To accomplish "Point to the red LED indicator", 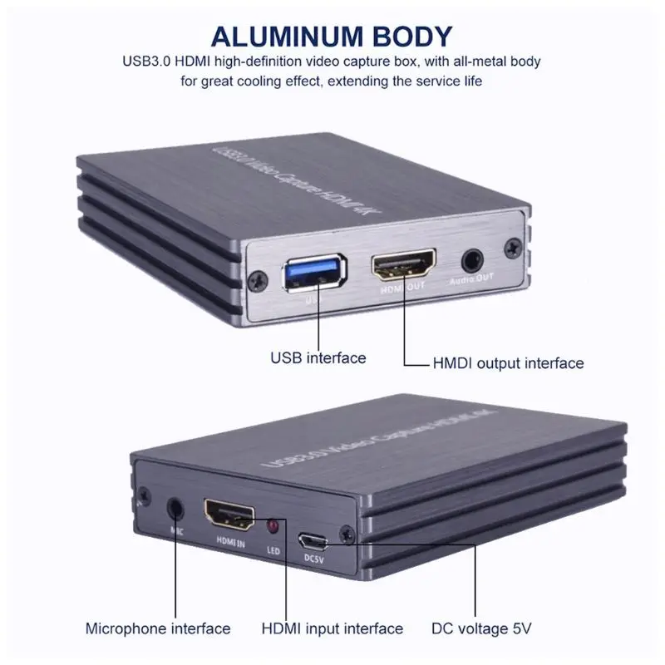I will (x=272, y=527).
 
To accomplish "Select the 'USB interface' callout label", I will (x=318, y=357).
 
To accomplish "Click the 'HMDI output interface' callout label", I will (x=508, y=362).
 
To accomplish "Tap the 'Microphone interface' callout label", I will (x=158, y=628).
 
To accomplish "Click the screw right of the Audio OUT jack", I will (x=515, y=247).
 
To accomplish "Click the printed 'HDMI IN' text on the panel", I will (x=229, y=543).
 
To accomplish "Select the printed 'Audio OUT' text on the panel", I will (x=470, y=280).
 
